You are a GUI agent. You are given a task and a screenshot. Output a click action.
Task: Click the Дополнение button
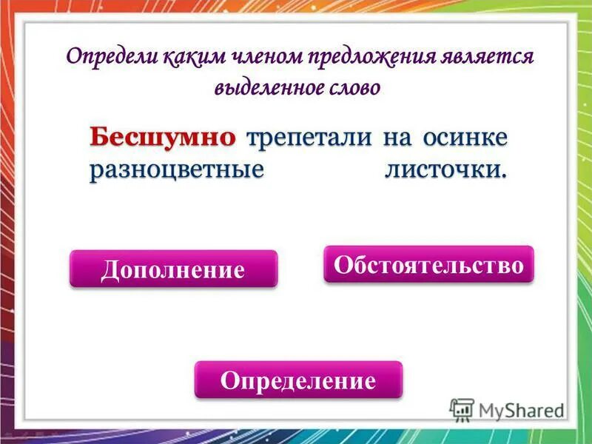click(x=173, y=269)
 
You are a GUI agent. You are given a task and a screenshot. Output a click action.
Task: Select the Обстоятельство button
click(x=428, y=264)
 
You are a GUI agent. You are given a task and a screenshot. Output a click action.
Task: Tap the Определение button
click(x=298, y=380)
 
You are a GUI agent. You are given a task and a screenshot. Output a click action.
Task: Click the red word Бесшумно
click(x=163, y=137)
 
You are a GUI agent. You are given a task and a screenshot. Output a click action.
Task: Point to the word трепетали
click(x=310, y=138)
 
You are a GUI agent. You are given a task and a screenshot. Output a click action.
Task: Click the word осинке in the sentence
click(x=465, y=138)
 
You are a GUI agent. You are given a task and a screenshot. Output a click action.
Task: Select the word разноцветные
click(x=177, y=169)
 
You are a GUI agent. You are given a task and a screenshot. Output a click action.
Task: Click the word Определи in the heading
click(x=101, y=57)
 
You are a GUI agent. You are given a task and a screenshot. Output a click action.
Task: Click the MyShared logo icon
click(x=462, y=409)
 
